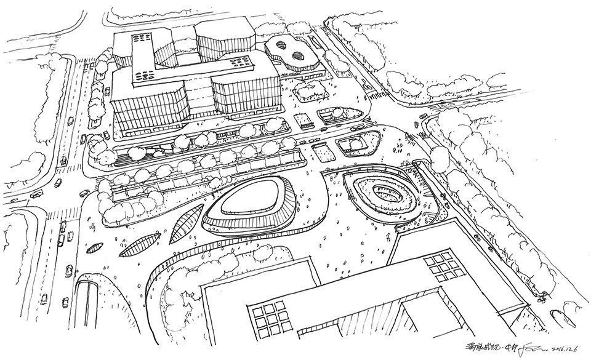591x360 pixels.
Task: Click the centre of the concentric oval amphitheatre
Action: coord(382,192)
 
